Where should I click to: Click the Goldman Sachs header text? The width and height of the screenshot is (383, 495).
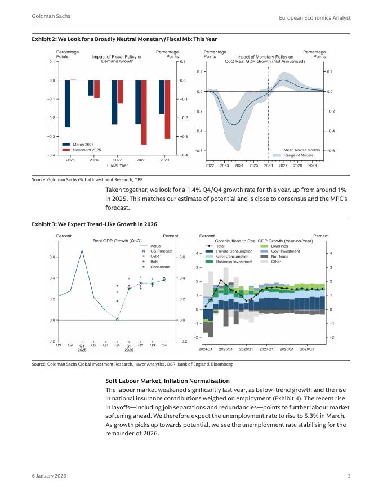(x=51, y=17)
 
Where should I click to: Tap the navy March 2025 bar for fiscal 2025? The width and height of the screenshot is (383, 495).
(x=68, y=103)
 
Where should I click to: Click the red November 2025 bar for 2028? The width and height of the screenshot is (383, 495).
(x=144, y=112)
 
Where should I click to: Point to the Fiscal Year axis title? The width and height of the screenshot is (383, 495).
(x=117, y=165)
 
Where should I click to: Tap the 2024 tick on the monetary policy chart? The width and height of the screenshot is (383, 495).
(x=239, y=166)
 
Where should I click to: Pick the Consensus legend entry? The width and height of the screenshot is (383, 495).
(x=161, y=267)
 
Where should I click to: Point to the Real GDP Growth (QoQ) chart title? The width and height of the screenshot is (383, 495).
(x=117, y=241)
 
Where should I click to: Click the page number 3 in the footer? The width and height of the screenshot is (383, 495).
(x=349, y=476)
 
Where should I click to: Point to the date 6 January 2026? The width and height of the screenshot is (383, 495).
(x=49, y=476)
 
